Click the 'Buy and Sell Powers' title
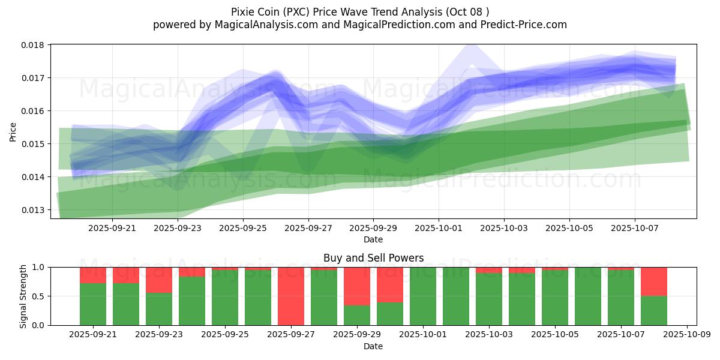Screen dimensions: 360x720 coord(373,258)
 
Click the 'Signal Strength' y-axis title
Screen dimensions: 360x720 coord(23,296)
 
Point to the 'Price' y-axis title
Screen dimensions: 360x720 coord(13,132)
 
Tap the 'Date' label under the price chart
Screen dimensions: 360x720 coord(373,239)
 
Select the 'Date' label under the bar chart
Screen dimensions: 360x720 coord(373,346)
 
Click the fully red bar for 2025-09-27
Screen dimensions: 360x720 coord(291,296)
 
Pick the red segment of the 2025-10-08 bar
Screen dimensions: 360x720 coord(654,281)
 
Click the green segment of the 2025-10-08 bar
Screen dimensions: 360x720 coord(654,311)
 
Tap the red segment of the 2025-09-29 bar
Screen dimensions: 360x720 coord(357,286)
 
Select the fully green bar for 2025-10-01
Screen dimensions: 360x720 coord(423,296)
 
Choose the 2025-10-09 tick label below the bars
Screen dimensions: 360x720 coord(687,334)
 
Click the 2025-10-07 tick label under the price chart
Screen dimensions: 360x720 coord(635,228)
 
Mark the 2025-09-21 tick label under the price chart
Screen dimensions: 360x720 coord(112,228)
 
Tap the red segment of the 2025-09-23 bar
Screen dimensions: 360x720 coord(159,280)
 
